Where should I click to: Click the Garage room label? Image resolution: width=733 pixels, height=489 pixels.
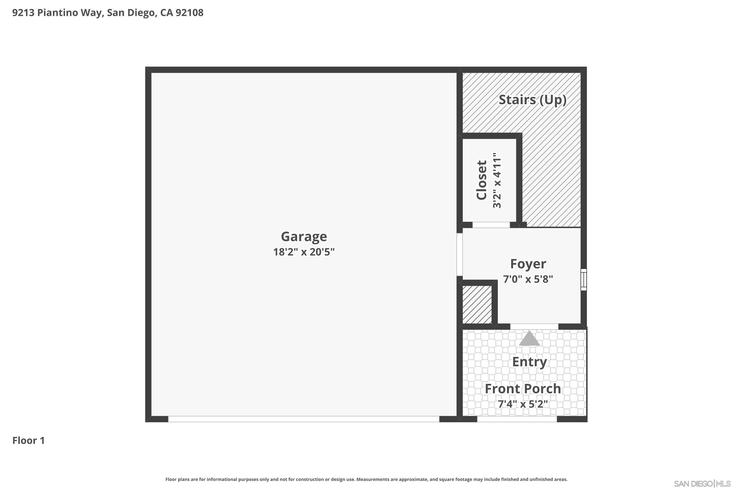point(304,236)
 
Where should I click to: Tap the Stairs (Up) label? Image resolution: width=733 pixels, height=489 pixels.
point(532,100)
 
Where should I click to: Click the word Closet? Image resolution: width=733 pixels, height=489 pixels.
point(482,180)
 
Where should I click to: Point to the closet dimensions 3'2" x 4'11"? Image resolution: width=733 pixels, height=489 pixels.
point(497,180)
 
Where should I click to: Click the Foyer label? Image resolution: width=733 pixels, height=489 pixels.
point(528,264)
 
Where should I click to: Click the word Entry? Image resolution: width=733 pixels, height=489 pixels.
point(529,362)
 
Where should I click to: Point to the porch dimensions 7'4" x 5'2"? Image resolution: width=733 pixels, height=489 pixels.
point(523,404)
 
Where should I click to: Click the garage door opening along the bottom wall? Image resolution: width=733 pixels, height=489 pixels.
point(304,419)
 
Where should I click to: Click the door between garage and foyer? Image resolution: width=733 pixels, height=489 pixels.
point(459,255)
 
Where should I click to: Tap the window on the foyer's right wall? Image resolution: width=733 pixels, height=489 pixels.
point(584,280)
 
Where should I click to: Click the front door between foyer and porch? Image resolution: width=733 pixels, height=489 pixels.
point(534,326)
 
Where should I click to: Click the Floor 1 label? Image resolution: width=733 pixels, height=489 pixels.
point(29,441)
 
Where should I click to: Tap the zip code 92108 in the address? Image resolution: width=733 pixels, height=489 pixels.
point(190,13)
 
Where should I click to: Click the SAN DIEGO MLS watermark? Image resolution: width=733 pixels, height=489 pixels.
point(702,484)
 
